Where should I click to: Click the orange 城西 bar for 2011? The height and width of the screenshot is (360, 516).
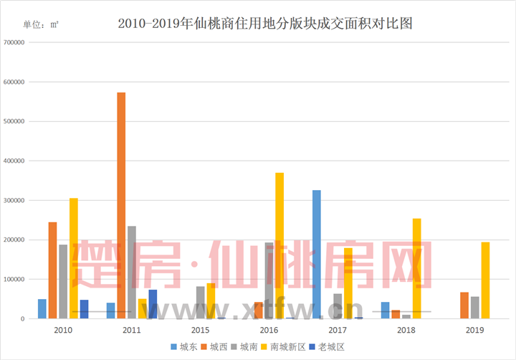click(121, 205)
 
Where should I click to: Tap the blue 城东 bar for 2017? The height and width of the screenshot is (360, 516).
click(317, 254)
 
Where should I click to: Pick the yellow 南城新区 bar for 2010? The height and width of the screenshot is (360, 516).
click(74, 258)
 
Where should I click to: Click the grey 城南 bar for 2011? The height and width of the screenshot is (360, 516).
click(132, 272)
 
